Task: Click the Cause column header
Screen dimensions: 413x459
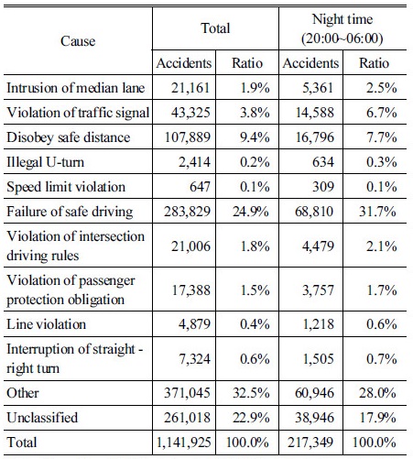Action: pos(78,41)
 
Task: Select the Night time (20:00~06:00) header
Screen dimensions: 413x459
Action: pos(342,28)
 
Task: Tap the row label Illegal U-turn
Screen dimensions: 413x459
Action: pos(45,162)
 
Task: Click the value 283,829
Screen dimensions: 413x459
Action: pos(187,212)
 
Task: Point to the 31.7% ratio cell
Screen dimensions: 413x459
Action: pos(377,212)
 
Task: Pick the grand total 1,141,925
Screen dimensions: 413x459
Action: pos(183,443)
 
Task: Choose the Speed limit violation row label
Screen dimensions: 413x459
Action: pos(66,187)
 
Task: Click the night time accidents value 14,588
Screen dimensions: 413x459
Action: pos(315,113)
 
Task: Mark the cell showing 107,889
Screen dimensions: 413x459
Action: pos(188,137)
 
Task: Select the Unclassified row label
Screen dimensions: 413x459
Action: pos(42,418)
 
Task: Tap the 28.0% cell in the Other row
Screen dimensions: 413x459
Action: pos(377,393)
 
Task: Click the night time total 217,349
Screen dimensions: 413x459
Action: pos(310,443)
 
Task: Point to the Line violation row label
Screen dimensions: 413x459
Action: pos(46,324)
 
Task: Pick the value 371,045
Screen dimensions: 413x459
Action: pos(187,393)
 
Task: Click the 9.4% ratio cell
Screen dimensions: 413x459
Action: pos(255,137)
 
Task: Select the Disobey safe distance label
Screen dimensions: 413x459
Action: pos(69,137)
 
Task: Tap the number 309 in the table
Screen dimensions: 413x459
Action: pos(323,187)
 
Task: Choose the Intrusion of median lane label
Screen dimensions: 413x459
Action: pos(76,88)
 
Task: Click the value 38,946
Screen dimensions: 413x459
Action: pos(314,418)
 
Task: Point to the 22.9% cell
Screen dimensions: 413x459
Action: pos(251,418)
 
